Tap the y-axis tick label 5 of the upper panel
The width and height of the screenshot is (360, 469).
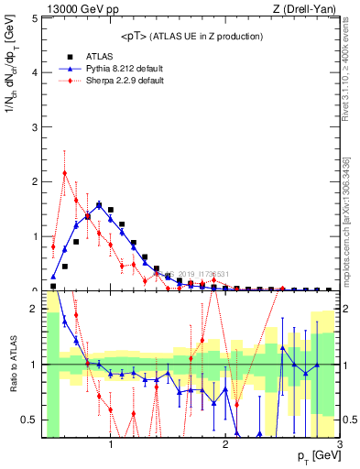[x=34, y=18]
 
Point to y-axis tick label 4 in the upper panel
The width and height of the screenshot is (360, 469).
[x=34, y=72]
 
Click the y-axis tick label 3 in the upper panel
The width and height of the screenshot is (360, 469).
[x=34, y=127]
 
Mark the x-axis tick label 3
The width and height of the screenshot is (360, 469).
[x=340, y=445]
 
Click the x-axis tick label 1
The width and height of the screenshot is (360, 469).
[x=111, y=445]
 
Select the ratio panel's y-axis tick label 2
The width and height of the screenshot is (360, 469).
[x=34, y=310]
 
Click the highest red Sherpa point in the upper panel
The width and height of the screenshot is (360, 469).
[x=65, y=173]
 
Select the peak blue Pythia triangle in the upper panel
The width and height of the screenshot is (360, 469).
[x=99, y=205]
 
